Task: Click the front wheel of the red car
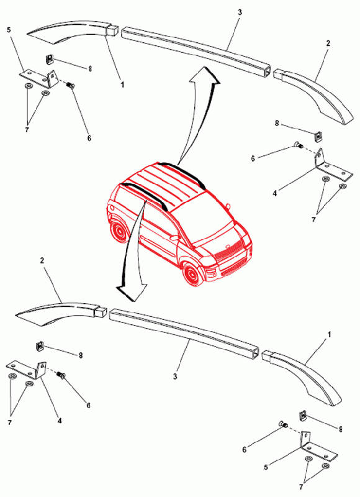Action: (x=192, y=274)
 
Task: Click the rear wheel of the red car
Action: (x=119, y=231)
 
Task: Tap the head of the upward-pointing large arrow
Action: (x=205, y=76)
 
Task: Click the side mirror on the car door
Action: (x=175, y=237)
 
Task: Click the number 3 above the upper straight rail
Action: (x=240, y=12)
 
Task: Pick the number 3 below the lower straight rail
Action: (x=175, y=377)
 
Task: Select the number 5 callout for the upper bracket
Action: (x=9, y=30)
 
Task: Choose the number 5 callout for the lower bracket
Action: (x=266, y=467)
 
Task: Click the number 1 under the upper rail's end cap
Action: (x=122, y=85)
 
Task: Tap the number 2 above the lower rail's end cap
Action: (x=42, y=260)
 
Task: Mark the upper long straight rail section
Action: (x=196, y=48)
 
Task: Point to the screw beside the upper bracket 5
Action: (x=70, y=85)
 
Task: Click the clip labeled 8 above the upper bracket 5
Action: (x=49, y=59)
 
